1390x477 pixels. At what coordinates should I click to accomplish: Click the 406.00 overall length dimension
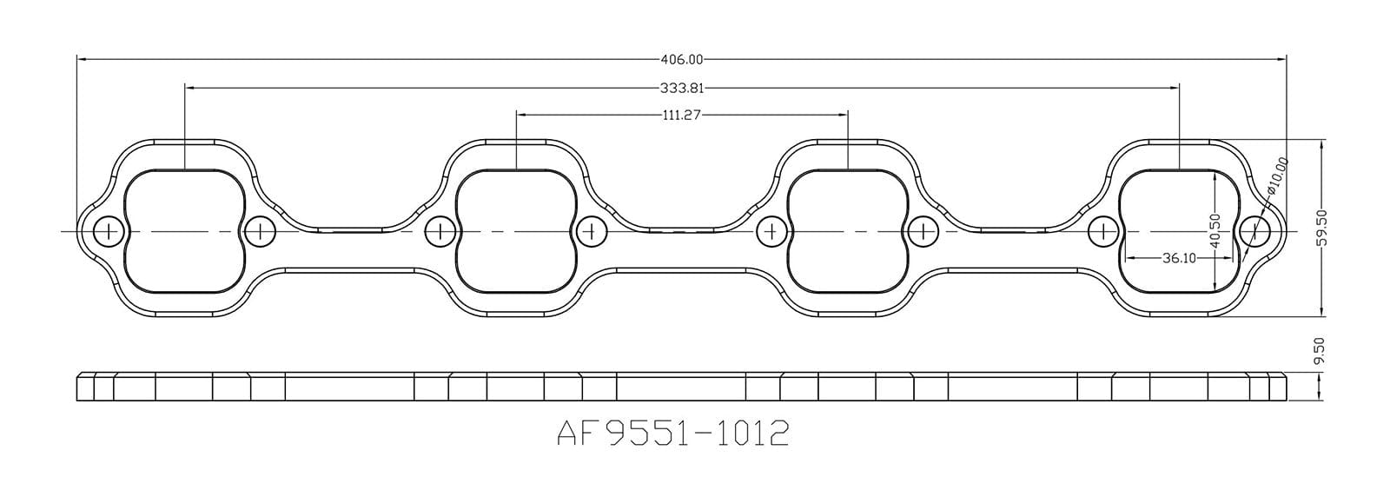tap(682, 60)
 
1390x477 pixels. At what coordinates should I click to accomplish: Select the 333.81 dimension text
tap(682, 88)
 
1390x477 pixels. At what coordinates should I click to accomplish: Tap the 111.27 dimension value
tap(682, 114)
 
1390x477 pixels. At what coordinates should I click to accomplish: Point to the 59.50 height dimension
tap(1322, 228)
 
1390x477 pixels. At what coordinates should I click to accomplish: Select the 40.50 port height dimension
tap(1215, 230)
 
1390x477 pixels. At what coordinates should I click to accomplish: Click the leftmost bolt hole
tap(109, 231)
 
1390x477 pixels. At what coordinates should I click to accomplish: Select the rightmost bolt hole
tap(1252, 231)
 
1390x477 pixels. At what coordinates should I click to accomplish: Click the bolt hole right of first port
tap(259, 231)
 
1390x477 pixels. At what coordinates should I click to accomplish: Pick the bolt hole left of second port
tap(440, 231)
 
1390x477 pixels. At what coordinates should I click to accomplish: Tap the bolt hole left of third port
tap(771, 231)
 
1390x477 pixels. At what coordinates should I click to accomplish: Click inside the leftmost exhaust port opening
tap(184, 231)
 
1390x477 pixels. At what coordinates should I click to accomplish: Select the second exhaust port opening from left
tap(516, 231)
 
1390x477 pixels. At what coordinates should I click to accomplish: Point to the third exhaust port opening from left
tap(847, 231)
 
